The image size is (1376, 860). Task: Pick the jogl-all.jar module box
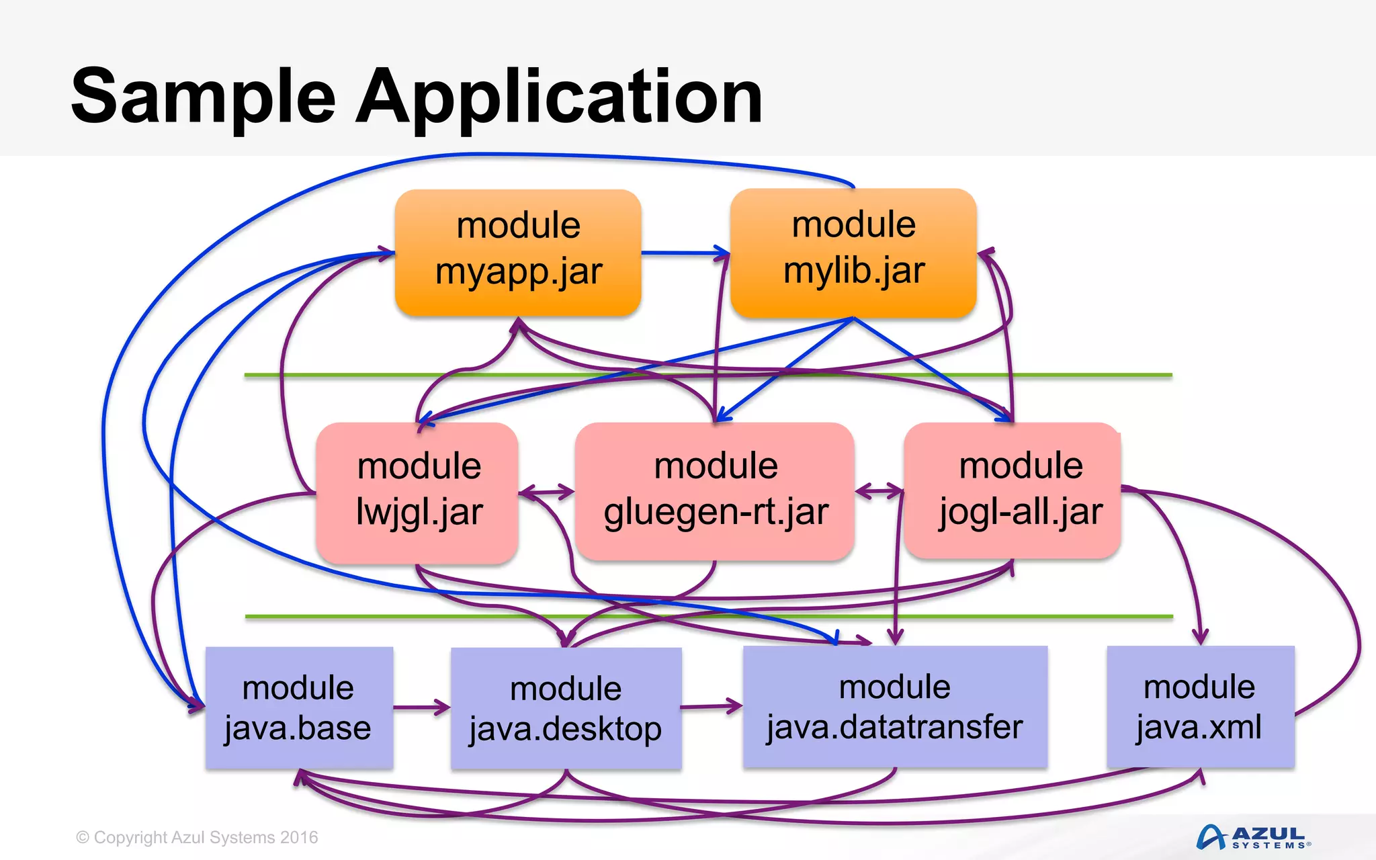(1013, 490)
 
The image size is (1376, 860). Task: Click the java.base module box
(299, 707)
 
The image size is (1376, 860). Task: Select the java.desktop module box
(566, 708)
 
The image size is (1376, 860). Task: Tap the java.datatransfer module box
(895, 707)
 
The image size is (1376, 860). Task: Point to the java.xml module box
(1200, 707)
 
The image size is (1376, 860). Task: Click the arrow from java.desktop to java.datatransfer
(711, 706)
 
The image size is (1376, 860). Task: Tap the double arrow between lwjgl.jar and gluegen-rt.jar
(546, 492)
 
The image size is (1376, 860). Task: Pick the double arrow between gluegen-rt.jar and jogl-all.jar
(879, 491)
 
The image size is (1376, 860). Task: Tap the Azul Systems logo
(1252, 837)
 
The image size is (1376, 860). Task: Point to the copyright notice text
(197, 837)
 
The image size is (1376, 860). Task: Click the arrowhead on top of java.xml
(1201, 637)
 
